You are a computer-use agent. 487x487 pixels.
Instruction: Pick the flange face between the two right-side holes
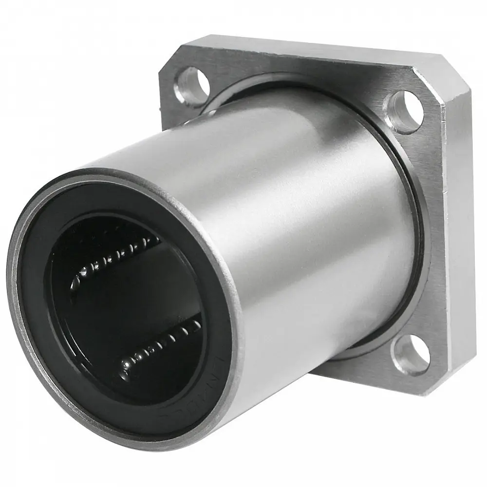[429, 229]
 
